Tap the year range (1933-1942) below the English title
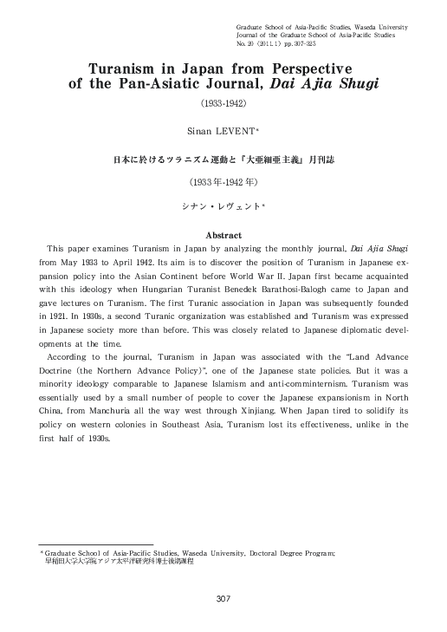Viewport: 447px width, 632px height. (223, 106)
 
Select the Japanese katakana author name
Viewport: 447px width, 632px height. (223, 205)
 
